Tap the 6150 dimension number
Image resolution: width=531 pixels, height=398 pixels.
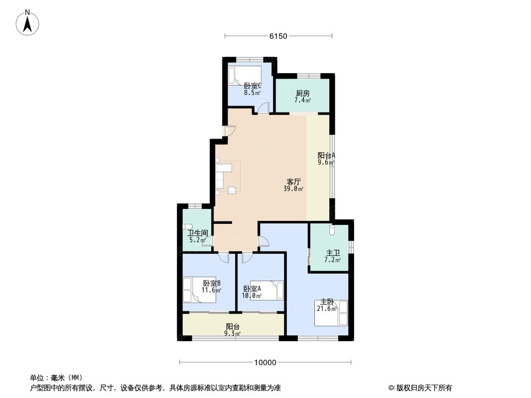coord(278,36)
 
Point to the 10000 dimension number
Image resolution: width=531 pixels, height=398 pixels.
coord(265,363)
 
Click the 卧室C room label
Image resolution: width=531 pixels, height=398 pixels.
coord(252,86)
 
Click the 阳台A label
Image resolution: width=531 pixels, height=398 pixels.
coord(326,155)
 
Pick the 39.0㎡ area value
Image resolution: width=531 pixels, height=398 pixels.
coord(293,189)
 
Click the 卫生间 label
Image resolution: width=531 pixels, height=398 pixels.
coord(197,233)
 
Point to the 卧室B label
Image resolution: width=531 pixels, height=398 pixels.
coord(211,283)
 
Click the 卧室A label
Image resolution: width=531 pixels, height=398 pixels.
coord(252,289)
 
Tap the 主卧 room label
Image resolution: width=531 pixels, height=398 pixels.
coord(327,302)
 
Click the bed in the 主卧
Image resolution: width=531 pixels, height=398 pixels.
coord(332,313)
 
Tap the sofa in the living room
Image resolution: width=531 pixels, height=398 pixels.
coord(222,176)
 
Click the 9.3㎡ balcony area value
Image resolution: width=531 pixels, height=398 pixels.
coord(233,334)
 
